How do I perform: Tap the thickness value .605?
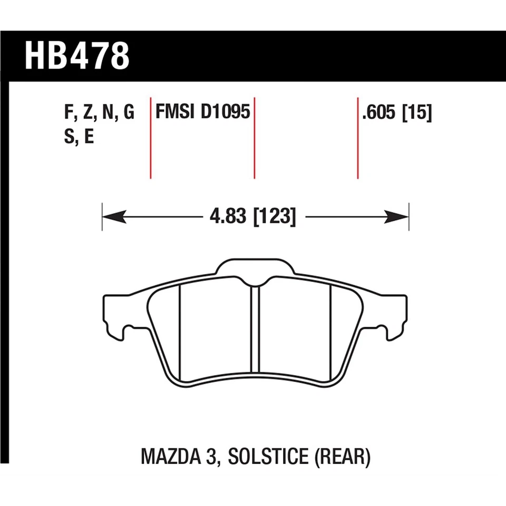click(x=379, y=113)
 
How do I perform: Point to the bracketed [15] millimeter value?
click(x=417, y=113)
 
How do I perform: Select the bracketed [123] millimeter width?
click(x=274, y=217)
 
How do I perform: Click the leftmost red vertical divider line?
click(x=151, y=138)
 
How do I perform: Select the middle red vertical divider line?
click(x=255, y=138)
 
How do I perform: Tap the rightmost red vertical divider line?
click(x=358, y=138)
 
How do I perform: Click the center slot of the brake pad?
click(x=255, y=329)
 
